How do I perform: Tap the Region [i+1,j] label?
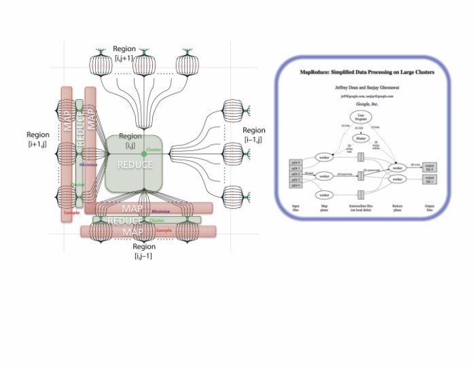37,139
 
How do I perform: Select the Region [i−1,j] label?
253,135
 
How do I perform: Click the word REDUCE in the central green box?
135,164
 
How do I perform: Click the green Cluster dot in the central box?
143,154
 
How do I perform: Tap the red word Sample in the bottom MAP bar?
163,231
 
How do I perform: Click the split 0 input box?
294,160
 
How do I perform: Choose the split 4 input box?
294,186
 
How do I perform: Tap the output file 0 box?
429,167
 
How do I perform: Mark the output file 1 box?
429,179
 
